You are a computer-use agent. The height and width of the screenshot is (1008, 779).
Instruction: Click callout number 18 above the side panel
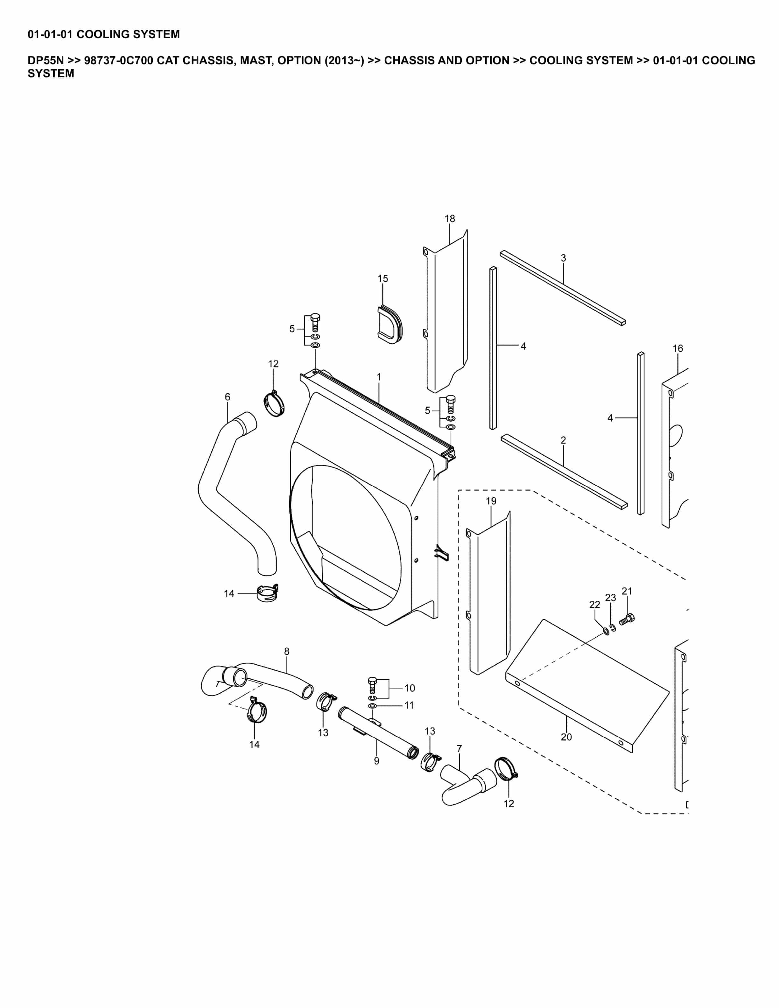click(450, 219)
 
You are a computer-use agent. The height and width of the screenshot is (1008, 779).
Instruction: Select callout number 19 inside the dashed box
click(491, 501)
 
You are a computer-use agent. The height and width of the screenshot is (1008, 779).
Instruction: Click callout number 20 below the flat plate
click(566, 737)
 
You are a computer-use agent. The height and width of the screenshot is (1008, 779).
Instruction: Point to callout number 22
click(595, 605)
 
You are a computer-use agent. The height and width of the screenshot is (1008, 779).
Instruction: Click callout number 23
click(611, 598)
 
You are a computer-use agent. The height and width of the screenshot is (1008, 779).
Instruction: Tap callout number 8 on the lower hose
click(287, 652)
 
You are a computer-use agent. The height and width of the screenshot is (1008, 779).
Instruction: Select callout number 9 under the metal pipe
click(376, 761)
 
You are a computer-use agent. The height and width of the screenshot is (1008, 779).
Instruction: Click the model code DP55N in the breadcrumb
click(46, 60)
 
